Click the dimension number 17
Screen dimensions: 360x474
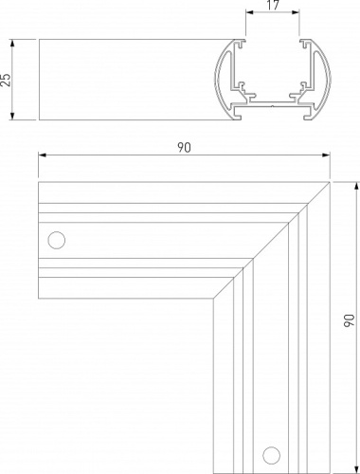pyautogui.click(x=272, y=5)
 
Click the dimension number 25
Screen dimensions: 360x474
pyautogui.click(x=6, y=80)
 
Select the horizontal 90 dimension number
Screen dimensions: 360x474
pyautogui.click(x=184, y=148)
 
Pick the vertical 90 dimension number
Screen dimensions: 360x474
pyautogui.click(x=350, y=320)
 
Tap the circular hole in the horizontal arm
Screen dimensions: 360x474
pyautogui.click(x=57, y=240)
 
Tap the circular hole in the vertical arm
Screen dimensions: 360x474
pyautogui.click(x=271, y=455)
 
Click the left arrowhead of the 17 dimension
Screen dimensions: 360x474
pyautogui.click(x=250, y=12)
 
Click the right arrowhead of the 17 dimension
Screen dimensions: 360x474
pyautogui.click(x=296, y=12)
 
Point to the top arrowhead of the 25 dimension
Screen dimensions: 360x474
pyautogui.click(x=12, y=44)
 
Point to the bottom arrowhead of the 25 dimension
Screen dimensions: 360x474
pyautogui.click(x=12, y=116)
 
